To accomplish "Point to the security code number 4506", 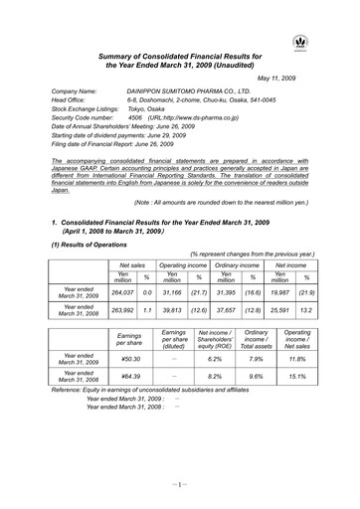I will [x=135, y=116].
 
